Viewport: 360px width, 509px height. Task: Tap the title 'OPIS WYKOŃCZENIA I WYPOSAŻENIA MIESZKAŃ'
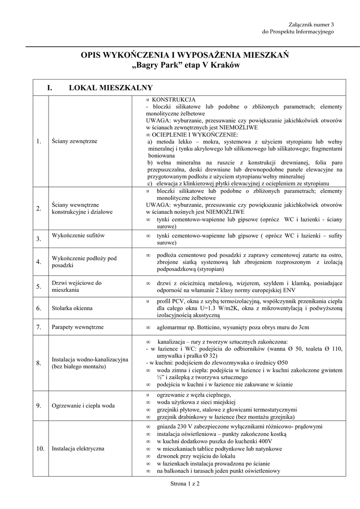(185, 55)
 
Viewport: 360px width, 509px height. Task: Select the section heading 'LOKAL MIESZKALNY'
(110, 87)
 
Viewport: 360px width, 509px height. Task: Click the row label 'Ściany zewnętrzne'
(74, 142)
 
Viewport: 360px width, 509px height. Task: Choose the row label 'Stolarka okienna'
(73, 308)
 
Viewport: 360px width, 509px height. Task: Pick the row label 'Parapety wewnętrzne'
(78, 327)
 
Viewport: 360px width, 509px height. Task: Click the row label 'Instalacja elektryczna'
(78, 449)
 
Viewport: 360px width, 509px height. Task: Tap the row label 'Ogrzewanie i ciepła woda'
(83, 406)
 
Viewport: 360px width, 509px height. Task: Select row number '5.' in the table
(38, 286)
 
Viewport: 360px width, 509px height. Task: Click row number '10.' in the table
(40, 449)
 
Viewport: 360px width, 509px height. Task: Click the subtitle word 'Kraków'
(226, 66)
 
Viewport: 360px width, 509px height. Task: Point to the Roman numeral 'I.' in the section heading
(50, 87)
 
